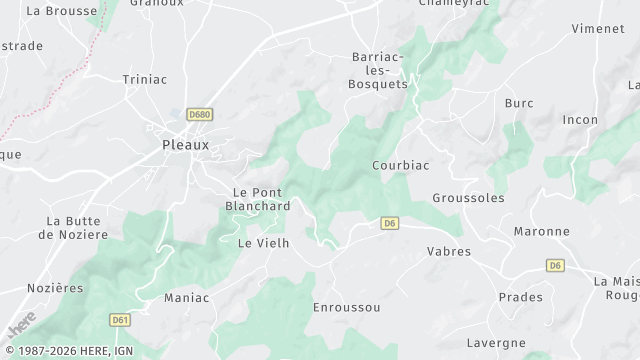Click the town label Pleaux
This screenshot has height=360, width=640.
(186, 144)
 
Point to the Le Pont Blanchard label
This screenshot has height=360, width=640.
(257, 199)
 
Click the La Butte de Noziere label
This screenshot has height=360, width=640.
(72, 227)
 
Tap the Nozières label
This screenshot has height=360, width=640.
(55, 287)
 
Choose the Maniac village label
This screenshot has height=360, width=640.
(186, 297)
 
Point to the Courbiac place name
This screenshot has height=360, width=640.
(400, 165)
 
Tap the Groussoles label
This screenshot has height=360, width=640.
(468, 198)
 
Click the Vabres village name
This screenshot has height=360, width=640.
(448, 251)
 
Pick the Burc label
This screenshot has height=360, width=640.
(519, 103)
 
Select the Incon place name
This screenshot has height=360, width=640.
(580, 120)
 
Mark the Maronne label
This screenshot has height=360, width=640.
(541, 231)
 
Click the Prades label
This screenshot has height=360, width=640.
(520, 297)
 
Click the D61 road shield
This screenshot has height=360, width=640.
(120, 319)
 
